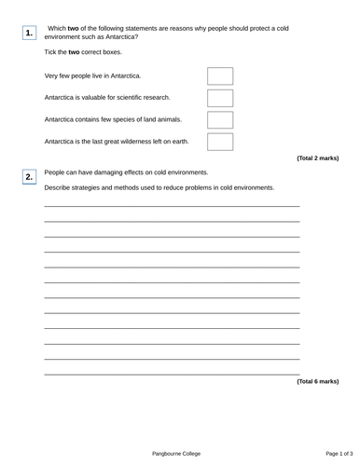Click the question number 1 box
(x=30, y=33)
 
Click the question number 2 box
(x=30, y=176)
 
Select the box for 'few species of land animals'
(x=220, y=119)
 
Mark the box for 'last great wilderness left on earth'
(x=220, y=142)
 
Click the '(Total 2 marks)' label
(x=317, y=158)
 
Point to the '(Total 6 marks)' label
(x=317, y=381)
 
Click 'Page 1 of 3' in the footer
(x=320, y=453)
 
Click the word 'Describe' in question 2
(x=59, y=187)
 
